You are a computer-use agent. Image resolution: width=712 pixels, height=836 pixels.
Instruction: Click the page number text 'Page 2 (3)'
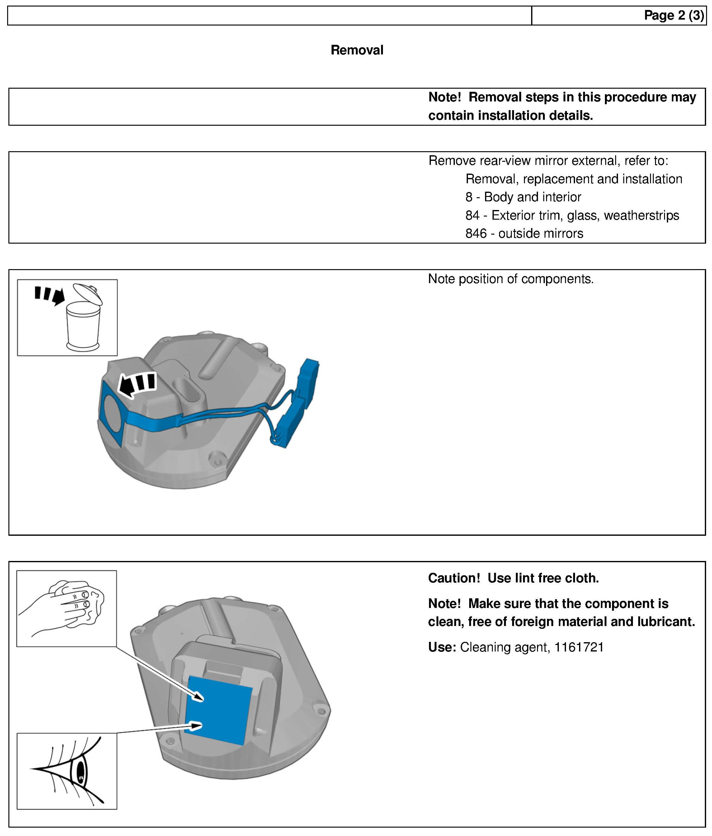(x=673, y=15)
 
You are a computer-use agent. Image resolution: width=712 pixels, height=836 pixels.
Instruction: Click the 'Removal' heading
(x=357, y=50)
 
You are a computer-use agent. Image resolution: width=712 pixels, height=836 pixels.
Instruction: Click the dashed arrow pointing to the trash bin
(x=49, y=294)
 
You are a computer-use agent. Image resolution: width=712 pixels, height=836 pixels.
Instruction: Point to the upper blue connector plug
(x=309, y=381)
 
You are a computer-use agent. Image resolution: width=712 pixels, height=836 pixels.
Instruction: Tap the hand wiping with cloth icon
(x=67, y=609)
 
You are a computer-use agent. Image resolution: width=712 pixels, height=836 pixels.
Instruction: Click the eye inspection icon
(x=67, y=771)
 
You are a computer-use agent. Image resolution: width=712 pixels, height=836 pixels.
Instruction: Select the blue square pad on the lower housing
(x=220, y=709)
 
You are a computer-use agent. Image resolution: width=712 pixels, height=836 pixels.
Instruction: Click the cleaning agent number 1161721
(x=579, y=647)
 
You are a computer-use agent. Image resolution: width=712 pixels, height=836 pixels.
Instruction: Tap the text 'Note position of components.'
(x=511, y=279)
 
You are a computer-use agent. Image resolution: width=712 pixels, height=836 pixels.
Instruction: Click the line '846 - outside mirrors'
(x=524, y=233)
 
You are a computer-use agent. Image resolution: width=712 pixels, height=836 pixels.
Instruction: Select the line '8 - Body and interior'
(x=523, y=197)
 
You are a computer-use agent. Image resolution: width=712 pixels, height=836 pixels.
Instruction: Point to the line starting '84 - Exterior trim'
(x=572, y=215)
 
